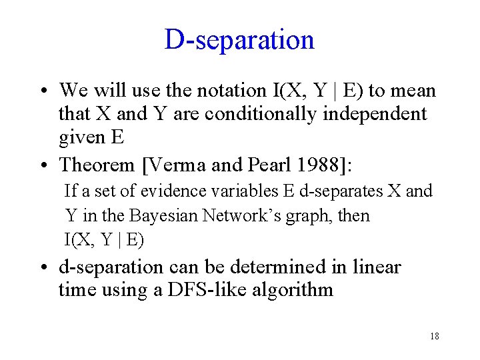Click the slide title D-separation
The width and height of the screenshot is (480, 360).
click(239, 40)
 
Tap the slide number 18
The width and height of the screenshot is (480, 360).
click(435, 336)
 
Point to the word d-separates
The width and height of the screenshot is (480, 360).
click(341, 191)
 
